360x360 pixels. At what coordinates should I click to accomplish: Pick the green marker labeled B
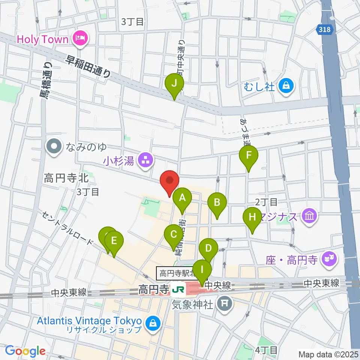coord(217,203)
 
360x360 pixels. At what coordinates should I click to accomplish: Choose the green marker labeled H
coord(252,217)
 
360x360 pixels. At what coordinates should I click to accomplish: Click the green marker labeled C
coord(174,235)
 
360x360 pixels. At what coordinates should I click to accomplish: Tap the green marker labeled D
coord(208,248)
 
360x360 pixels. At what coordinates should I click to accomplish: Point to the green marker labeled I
coord(202,270)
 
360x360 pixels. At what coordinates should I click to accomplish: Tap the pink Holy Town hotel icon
coord(80,39)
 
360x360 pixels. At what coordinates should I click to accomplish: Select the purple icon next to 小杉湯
coord(145,161)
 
